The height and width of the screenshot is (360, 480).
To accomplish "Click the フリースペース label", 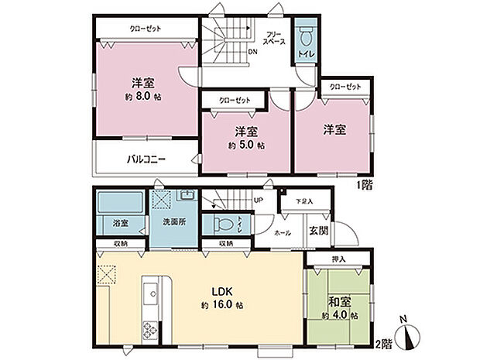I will point(273,39).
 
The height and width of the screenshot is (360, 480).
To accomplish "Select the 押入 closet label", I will point(339,259).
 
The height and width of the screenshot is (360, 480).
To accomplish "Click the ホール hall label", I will point(283,231).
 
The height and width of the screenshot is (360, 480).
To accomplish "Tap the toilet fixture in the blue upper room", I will point(305,36).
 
